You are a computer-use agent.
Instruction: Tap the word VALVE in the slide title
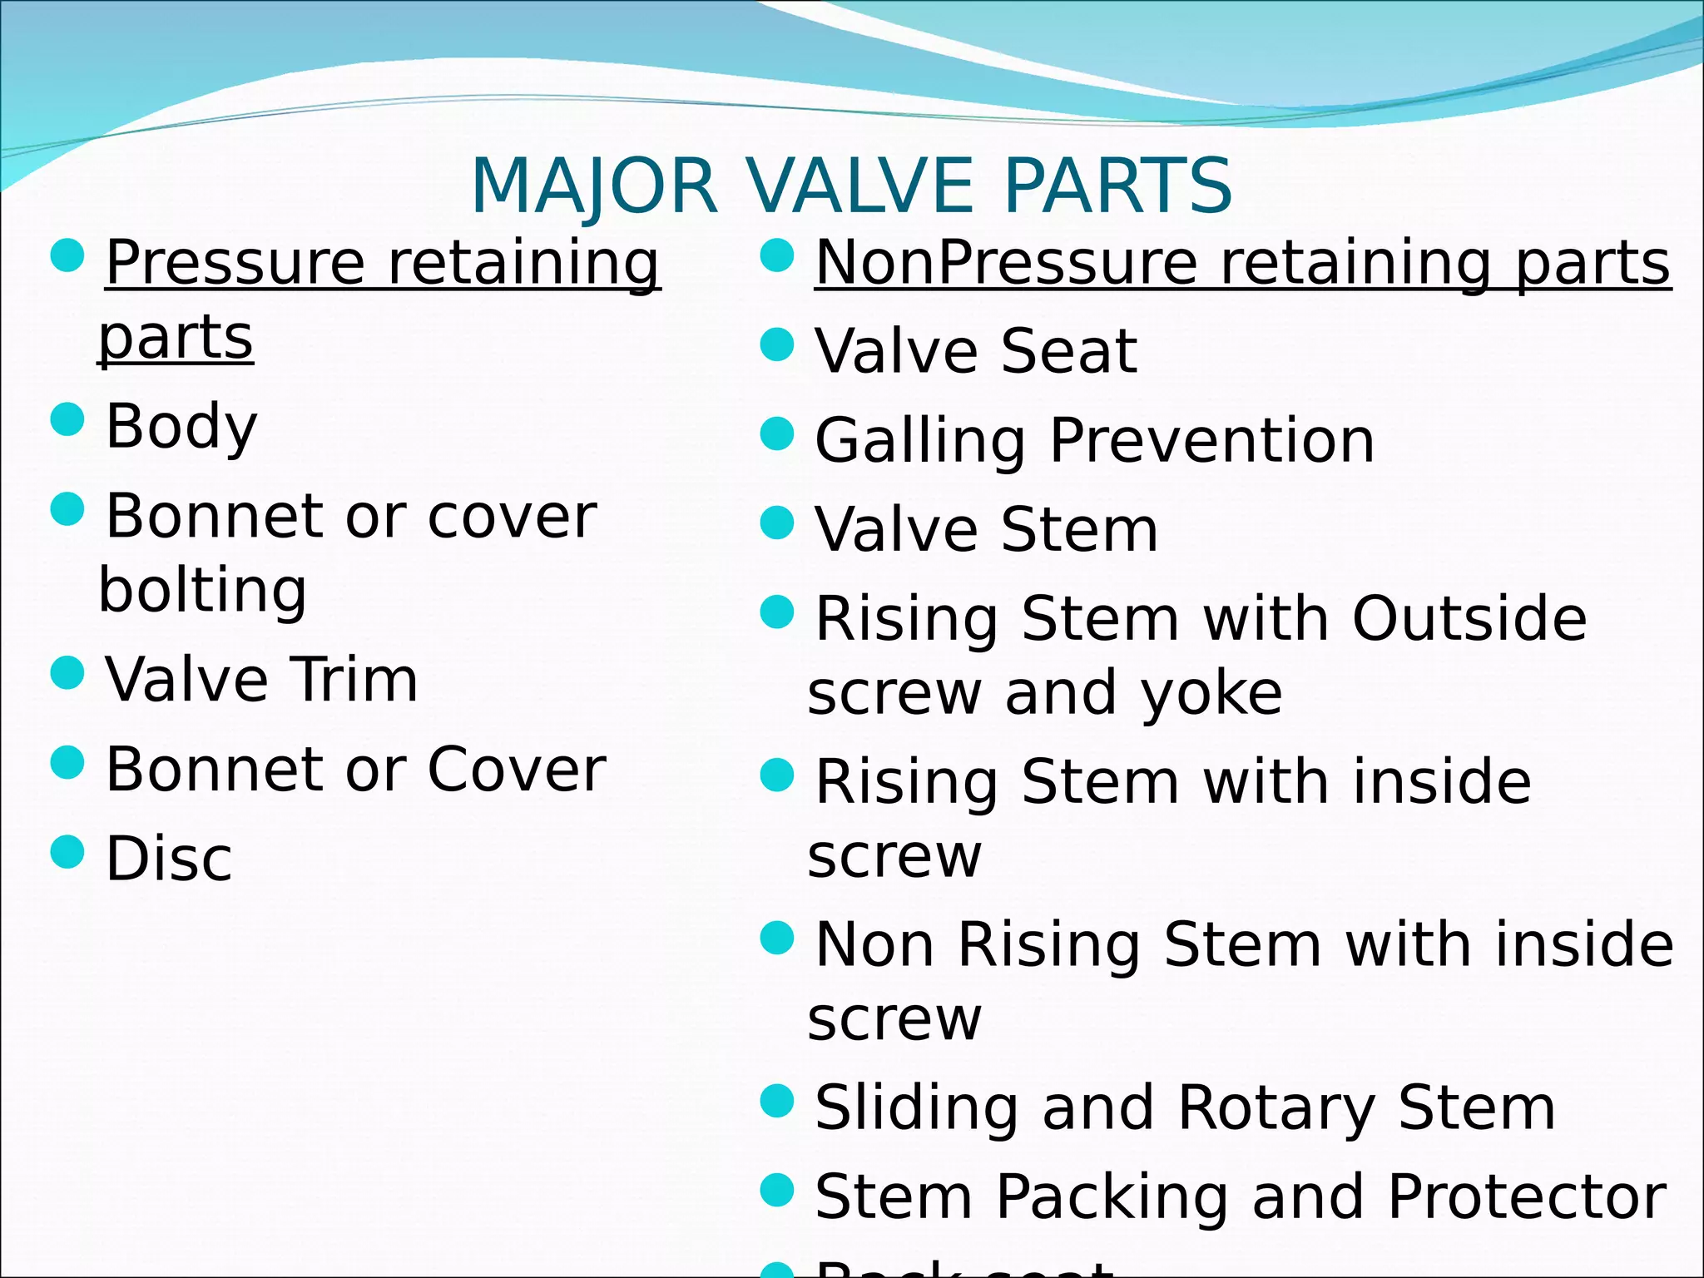click(x=861, y=186)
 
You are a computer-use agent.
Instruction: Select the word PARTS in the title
click(x=1117, y=186)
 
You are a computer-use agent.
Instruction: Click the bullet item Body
click(x=181, y=426)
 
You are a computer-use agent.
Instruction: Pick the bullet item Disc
click(x=169, y=859)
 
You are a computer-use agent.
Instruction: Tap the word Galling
click(x=919, y=440)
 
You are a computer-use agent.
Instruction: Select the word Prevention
click(x=1211, y=440)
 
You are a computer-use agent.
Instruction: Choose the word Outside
click(x=1469, y=619)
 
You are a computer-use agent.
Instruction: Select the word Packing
click(x=1112, y=1197)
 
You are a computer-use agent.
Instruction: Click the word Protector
click(x=1527, y=1197)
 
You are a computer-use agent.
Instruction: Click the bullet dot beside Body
click(x=67, y=419)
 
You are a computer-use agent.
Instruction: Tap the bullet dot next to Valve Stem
click(x=778, y=523)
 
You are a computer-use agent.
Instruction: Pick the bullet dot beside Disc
click(x=67, y=851)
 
